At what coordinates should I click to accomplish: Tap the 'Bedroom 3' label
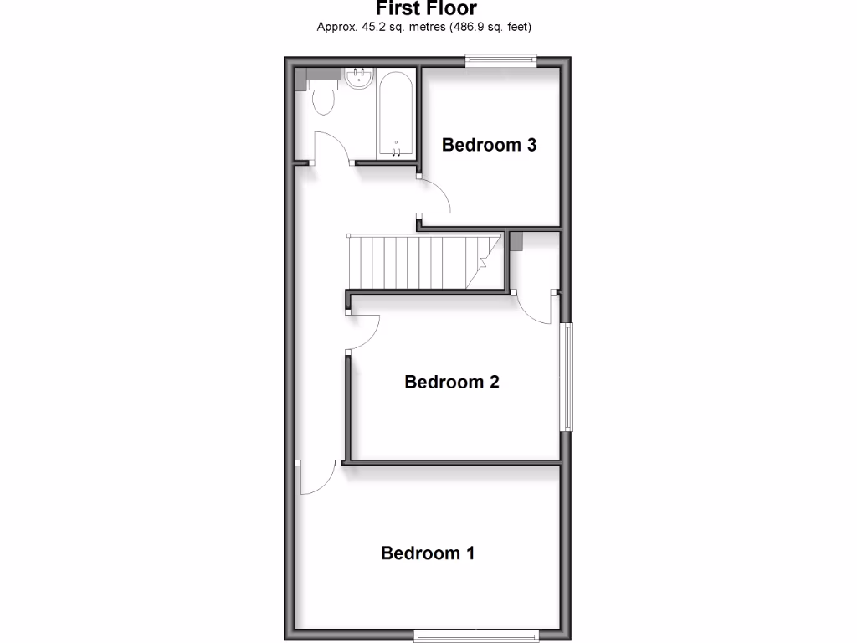(x=489, y=145)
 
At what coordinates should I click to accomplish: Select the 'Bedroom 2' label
(x=451, y=382)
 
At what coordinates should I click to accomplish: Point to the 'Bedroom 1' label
(x=428, y=553)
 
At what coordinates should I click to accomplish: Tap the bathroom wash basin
(x=358, y=80)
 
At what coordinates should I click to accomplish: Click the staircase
(x=423, y=261)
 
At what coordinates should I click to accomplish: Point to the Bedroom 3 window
(x=500, y=59)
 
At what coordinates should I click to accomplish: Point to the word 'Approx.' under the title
(x=335, y=27)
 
